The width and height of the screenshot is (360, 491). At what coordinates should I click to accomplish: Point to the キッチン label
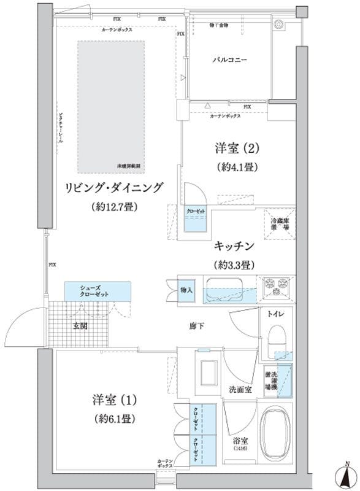tap(234, 246)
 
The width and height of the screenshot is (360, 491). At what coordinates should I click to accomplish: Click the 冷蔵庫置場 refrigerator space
tap(280, 222)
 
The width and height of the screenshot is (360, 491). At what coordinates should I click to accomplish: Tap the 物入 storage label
tap(187, 290)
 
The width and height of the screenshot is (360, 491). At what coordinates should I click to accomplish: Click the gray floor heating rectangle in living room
tap(111, 106)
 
